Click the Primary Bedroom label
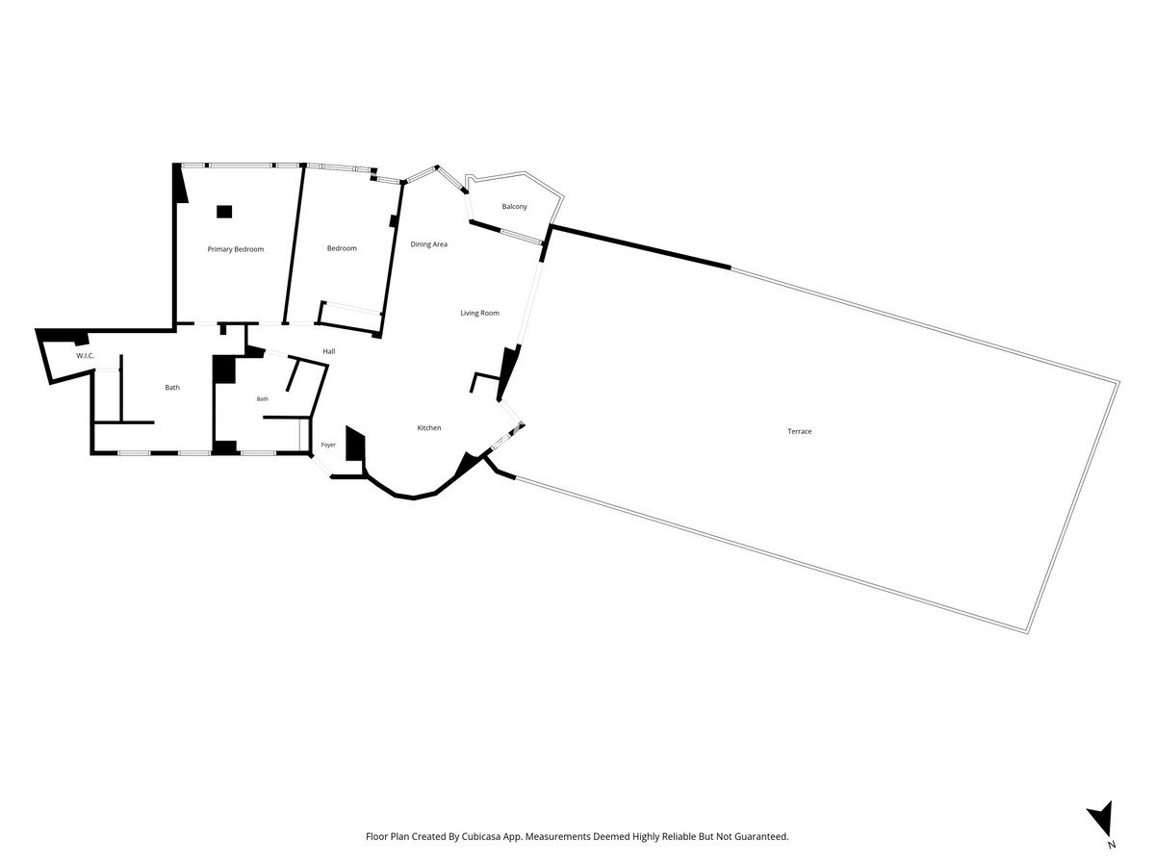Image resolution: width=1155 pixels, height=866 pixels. (235, 249)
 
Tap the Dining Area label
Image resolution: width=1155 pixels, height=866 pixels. (429, 244)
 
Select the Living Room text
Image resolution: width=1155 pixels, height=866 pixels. (479, 313)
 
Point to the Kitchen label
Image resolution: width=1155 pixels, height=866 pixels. (429, 428)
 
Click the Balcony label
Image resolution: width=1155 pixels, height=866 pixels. (514, 207)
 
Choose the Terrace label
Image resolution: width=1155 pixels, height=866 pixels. (799, 431)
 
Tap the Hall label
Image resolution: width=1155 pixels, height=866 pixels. (329, 351)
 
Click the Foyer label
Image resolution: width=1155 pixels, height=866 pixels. (328, 445)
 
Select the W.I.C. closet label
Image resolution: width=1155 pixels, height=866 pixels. (86, 356)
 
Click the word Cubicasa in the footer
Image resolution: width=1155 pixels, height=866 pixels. (479, 836)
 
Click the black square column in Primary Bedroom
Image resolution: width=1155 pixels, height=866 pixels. (224, 212)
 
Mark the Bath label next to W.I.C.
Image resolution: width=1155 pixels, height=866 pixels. (172, 388)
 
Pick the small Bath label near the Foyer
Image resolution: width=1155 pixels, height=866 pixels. (263, 399)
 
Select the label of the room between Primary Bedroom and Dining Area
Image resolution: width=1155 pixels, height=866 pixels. (342, 248)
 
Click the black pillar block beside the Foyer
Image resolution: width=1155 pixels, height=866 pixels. (354, 443)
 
